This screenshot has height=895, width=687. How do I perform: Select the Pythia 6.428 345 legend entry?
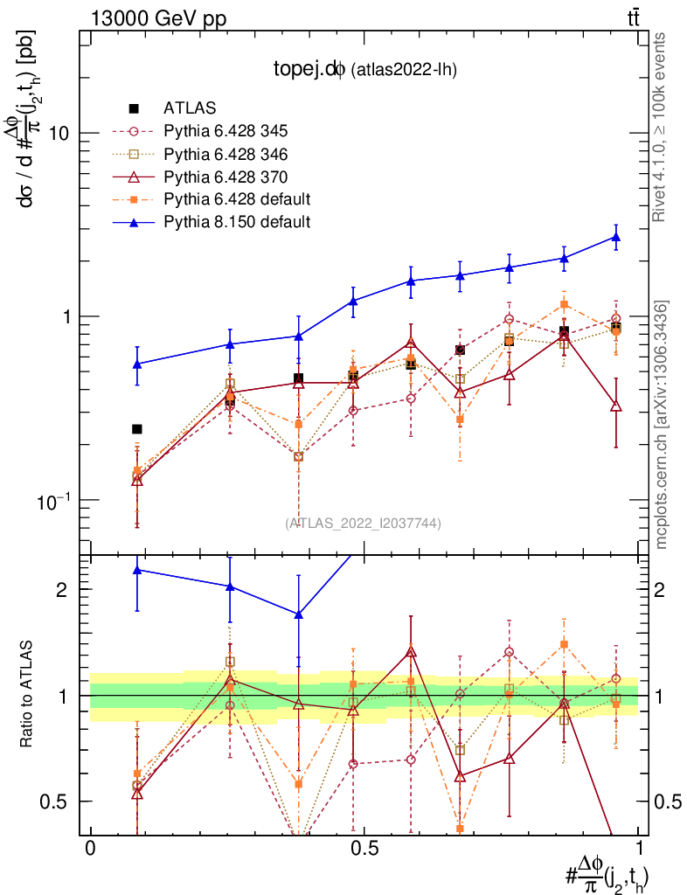226,131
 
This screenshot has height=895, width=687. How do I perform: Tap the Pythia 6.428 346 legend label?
226,154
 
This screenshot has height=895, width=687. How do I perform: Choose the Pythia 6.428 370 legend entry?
226,177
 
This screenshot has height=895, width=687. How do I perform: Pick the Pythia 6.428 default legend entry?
237,199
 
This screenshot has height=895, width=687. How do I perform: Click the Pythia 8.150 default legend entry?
237,222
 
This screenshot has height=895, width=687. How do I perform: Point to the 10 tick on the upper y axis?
60,133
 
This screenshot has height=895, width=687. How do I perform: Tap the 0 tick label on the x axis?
90,849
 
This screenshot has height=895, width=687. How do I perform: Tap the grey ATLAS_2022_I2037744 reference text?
363,523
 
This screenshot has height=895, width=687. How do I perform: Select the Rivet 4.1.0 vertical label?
663,127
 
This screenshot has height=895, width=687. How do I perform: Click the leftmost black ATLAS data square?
136,428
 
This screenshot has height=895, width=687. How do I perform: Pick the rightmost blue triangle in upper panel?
616,237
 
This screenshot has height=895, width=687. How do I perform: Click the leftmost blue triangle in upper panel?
136,364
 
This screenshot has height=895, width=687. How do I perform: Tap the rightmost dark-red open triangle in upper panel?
616,406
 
